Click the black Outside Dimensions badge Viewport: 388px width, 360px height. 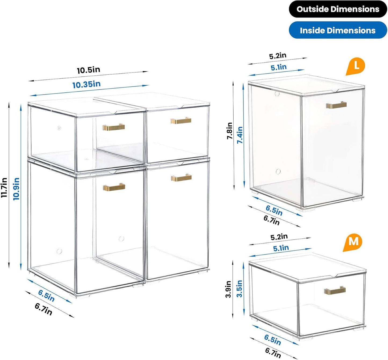[x=338, y=9]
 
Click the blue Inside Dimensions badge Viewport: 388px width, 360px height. [x=338, y=30]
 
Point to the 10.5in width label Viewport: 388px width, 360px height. [x=88, y=70]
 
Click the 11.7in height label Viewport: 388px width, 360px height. [x=4, y=187]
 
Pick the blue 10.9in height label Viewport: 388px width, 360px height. [x=16, y=189]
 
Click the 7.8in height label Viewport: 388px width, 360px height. [x=230, y=131]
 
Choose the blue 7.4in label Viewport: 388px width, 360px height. [x=240, y=135]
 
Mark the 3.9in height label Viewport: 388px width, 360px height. [x=228, y=289]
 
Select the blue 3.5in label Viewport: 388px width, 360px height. [x=239, y=289]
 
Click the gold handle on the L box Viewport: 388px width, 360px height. [x=336, y=105]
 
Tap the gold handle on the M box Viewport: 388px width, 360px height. [x=335, y=290]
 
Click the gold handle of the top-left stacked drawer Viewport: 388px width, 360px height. [x=114, y=127]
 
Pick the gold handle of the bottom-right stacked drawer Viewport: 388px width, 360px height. [x=181, y=177]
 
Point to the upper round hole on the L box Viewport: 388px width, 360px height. [x=277, y=94]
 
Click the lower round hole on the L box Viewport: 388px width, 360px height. [x=278, y=171]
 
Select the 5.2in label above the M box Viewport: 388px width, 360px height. [x=279, y=237]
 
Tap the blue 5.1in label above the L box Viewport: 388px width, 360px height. [x=278, y=67]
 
